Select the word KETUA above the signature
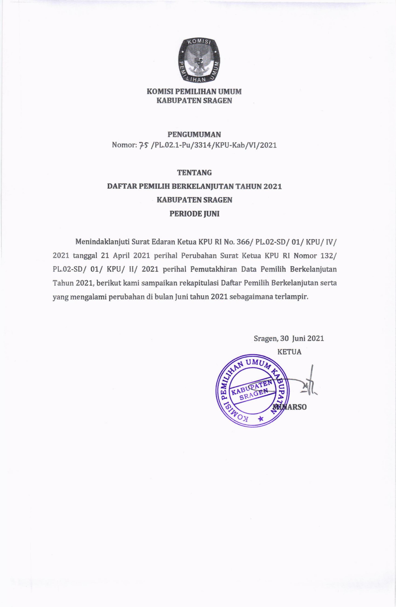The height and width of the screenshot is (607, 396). [289, 352]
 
